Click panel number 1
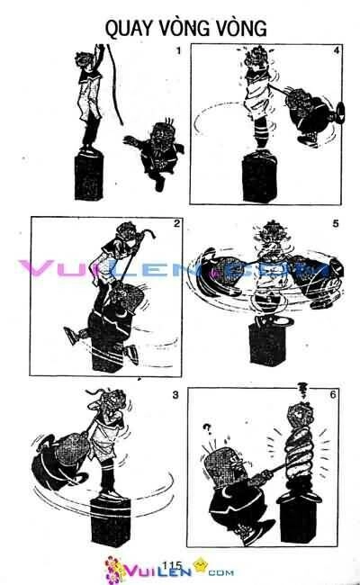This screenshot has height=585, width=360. click(x=178, y=50)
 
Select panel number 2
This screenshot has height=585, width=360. click(x=178, y=224)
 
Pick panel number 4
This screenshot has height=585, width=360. click(x=336, y=51)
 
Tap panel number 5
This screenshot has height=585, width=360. click(x=336, y=224)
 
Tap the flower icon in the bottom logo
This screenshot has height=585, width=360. click(x=118, y=571)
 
